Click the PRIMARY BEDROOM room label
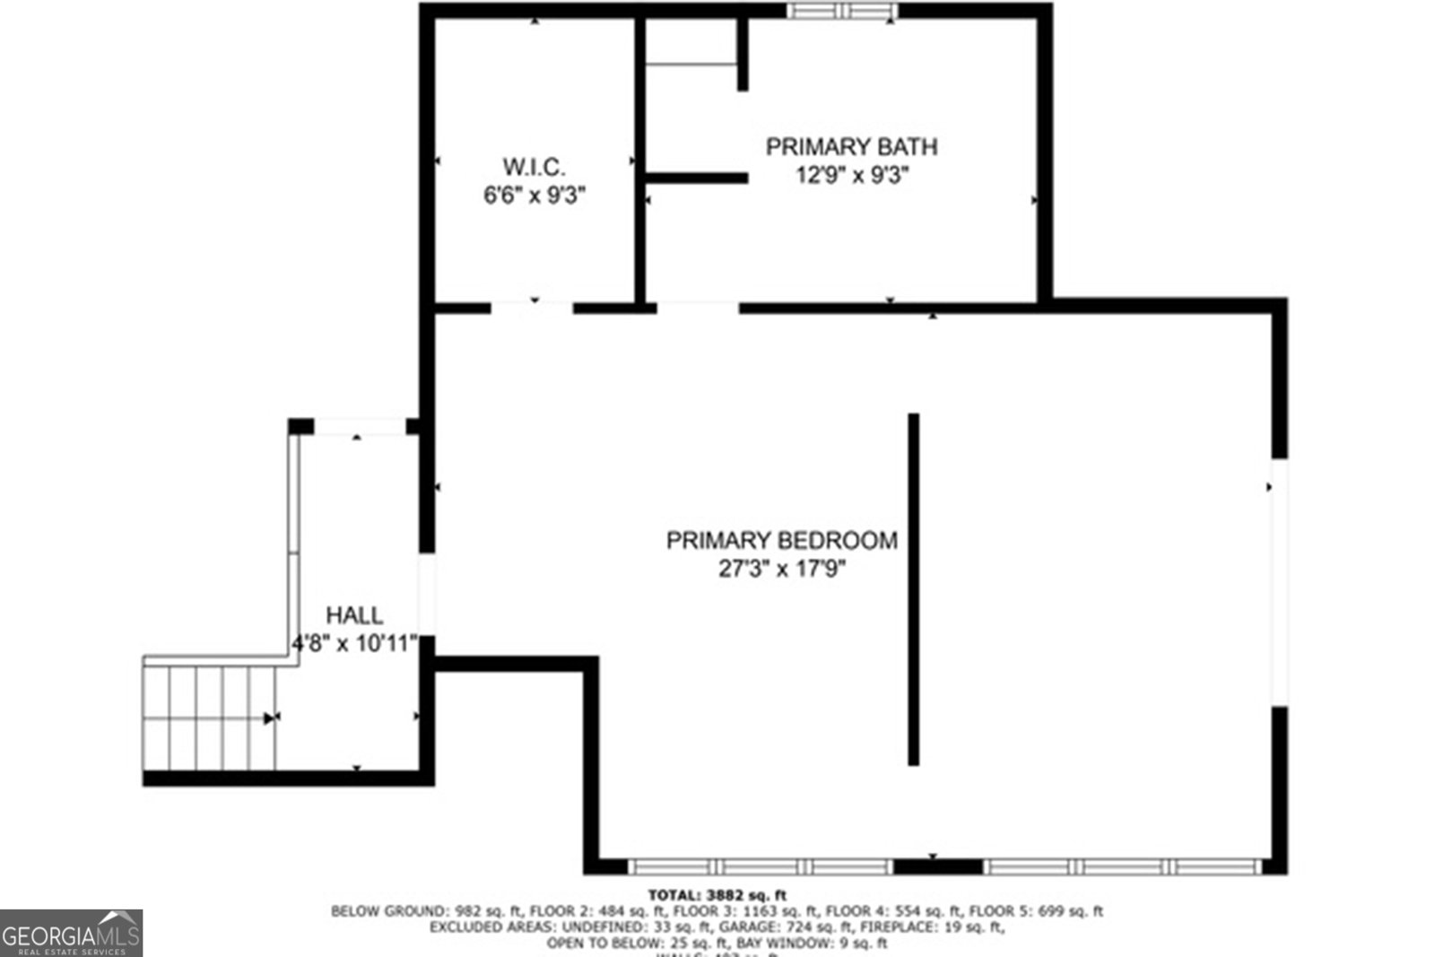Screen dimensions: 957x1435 tap(781, 540)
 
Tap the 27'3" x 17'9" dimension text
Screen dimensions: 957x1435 tap(781, 569)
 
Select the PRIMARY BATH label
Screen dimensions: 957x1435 tap(851, 146)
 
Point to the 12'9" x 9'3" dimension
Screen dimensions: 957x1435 tap(852, 175)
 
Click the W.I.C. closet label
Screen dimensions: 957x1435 tap(534, 166)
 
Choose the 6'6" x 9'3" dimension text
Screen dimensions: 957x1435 tap(535, 195)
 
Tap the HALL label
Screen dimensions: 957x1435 tap(353, 615)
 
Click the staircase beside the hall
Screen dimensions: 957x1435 tap(210, 717)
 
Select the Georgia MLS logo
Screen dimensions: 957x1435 tap(71, 933)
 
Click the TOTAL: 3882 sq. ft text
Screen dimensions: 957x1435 tap(717, 894)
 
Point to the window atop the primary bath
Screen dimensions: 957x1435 tap(842, 12)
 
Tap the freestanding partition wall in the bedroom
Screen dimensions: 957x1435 tap(913, 589)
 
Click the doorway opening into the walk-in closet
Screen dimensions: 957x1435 tap(532, 308)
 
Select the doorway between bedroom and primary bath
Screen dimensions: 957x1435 tap(698, 308)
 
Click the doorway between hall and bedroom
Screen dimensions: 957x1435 tap(428, 594)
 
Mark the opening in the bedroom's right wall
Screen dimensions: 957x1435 tap(1279, 583)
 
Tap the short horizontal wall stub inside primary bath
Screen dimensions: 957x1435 tap(697, 178)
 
